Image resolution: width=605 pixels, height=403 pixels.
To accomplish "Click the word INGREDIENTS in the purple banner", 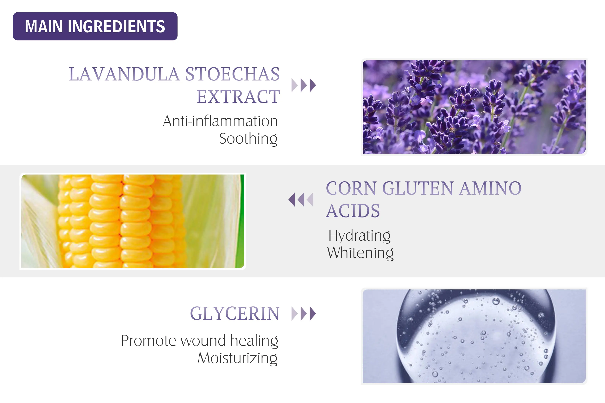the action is tap(116, 26).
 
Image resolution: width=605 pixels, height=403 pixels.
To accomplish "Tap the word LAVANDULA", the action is tap(124, 74).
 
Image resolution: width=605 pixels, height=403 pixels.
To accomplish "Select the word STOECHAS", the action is tap(233, 74).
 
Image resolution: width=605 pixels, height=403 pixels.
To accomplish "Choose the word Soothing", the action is tap(248, 139).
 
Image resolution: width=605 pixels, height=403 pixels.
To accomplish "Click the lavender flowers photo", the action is tap(474, 107).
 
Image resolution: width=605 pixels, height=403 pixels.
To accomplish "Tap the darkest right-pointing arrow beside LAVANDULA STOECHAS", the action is tap(313, 85).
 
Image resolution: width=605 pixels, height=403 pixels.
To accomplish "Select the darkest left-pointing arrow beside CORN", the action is tap(292, 200).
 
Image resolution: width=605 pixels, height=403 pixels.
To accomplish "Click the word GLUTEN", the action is tap(418, 188).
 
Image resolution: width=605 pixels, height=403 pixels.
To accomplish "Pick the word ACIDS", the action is tap(353, 211).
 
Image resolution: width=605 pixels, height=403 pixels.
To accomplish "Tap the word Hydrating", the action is tap(360, 236).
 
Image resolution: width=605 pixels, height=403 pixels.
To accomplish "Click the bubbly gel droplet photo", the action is tap(474, 336).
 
